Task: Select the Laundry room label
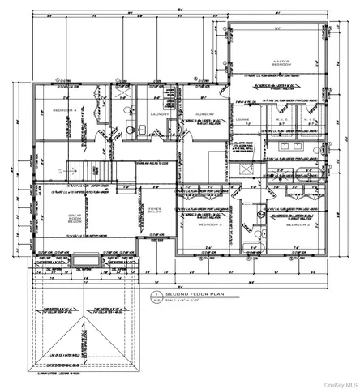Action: (x=159, y=115)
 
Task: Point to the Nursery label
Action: (x=204, y=115)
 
